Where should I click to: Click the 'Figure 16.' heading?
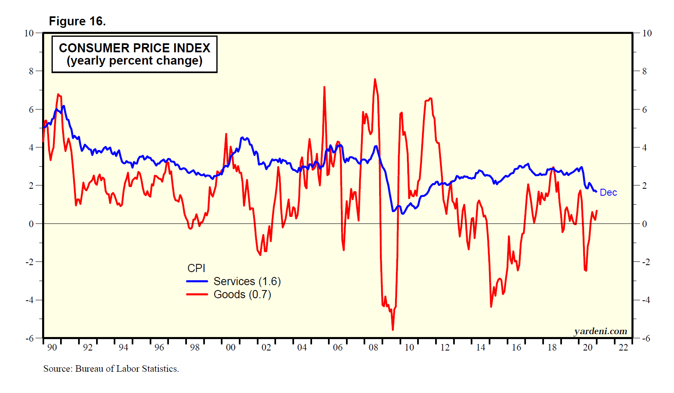point(77,21)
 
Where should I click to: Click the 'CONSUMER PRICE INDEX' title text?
point(135,48)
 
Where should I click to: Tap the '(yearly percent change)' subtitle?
point(135,61)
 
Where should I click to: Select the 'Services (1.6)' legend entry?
point(247,281)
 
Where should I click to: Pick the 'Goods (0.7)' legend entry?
point(242,295)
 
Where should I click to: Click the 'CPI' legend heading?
point(196,268)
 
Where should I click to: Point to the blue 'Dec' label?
point(608,192)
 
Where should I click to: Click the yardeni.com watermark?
point(600,331)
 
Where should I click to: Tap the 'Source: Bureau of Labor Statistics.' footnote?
point(111,369)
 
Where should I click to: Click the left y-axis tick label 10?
point(29,33)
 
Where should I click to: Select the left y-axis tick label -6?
point(29,338)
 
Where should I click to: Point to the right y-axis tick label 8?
point(645,71)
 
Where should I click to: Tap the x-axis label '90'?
point(52,347)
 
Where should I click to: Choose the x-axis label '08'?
point(373,347)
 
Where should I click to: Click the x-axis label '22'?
point(623,347)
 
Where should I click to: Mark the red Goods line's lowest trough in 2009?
point(393,330)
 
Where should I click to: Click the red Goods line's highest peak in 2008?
point(375,79)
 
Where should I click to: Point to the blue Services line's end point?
point(596,192)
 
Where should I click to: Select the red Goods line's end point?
point(597,211)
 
